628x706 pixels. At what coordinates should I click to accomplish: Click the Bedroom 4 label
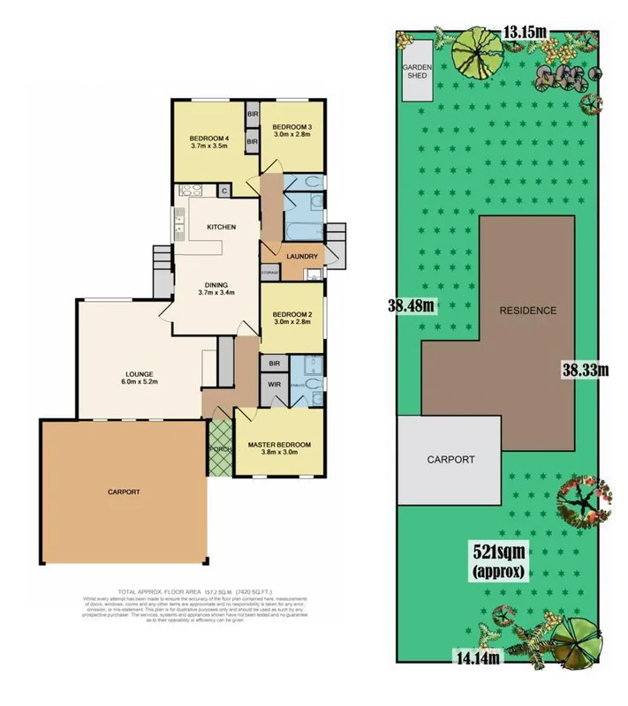209,142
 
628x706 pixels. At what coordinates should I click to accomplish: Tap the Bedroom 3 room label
291,132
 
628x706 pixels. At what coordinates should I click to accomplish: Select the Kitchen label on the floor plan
221,228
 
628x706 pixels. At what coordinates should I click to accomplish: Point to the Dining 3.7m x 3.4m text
216,289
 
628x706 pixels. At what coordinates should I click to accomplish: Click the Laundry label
302,257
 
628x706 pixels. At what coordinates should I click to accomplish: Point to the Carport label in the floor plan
124,492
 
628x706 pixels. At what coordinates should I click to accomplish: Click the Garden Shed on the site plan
416,71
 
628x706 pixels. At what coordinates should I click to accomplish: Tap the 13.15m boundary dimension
524,33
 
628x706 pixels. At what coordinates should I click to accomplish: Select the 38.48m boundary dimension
412,306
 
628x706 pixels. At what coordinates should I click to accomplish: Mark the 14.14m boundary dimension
477,657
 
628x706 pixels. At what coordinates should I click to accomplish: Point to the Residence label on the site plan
527,310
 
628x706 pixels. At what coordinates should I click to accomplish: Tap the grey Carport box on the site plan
450,460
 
